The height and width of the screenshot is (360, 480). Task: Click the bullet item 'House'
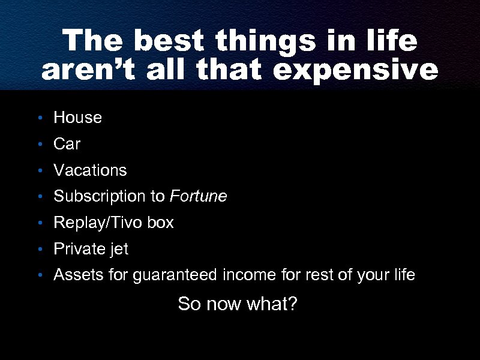tap(77, 118)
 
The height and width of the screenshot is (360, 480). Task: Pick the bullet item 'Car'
tap(67, 145)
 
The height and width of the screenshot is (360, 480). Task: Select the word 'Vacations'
tap(90, 170)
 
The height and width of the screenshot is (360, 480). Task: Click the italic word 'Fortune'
tap(199, 197)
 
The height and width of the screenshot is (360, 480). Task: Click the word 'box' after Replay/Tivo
tap(161, 223)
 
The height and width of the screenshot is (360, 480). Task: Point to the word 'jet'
tap(119, 249)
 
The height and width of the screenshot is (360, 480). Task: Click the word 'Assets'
tap(75, 275)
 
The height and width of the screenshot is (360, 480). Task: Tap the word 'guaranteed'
tap(176, 275)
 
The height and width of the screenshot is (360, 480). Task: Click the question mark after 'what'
tap(292, 304)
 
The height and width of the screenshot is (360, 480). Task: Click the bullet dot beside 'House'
tap(39, 118)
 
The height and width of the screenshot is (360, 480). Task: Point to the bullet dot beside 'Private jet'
tap(39, 250)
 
